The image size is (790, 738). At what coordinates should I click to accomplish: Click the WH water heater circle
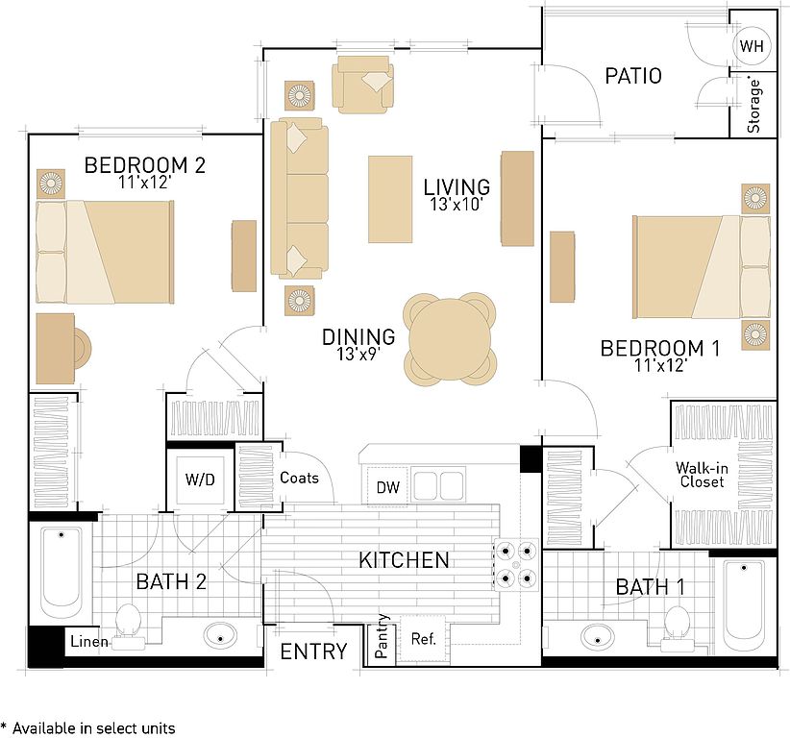[752, 46]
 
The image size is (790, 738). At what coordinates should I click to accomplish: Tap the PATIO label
[633, 76]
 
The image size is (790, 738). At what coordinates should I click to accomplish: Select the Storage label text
[753, 106]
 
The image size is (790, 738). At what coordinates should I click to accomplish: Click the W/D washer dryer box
[200, 480]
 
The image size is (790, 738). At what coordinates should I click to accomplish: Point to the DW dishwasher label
[388, 487]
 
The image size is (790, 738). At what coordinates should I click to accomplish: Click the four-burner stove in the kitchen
[516, 564]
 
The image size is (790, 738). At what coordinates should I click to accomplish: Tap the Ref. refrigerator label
[423, 639]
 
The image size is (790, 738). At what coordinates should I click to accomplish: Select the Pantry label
[382, 636]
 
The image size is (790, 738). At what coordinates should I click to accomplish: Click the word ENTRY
[314, 652]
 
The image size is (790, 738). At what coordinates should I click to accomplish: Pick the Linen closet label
[89, 641]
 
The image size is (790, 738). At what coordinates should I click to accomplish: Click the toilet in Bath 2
[128, 627]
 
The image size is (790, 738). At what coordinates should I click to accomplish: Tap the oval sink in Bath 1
[598, 638]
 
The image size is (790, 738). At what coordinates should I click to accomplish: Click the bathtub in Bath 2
[61, 572]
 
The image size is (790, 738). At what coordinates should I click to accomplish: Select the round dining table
[450, 338]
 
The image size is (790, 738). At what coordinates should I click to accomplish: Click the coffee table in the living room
[390, 199]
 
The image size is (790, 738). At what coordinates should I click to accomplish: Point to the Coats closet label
[299, 478]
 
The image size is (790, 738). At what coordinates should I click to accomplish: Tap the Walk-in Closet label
[702, 475]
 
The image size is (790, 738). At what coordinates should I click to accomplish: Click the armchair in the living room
[362, 85]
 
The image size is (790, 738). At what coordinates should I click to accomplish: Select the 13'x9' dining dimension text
[358, 355]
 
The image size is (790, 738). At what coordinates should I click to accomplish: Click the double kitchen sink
[438, 484]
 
